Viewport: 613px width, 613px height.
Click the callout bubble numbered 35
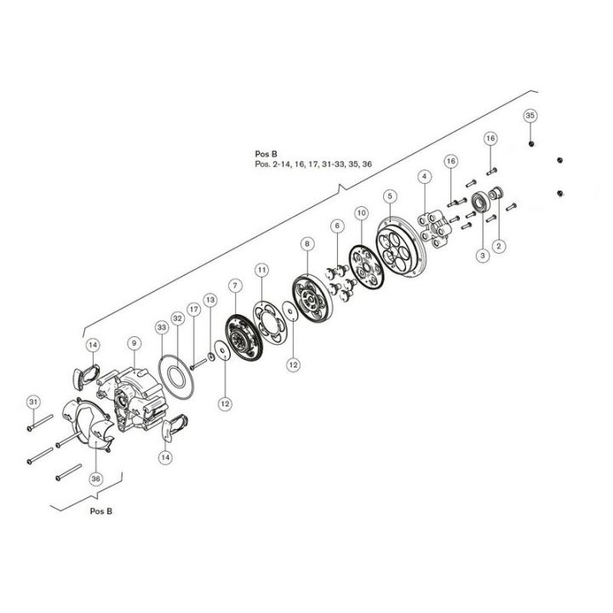pos(530,115)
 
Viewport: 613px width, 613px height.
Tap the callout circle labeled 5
pos(390,196)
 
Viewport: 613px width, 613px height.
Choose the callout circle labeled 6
pos(337,226)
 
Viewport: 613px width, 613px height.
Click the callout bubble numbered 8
pos(305,243)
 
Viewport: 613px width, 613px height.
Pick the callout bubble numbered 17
pos(194,309)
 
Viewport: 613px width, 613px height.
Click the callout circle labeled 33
pos(162,328)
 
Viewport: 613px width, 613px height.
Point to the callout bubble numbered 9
pos(133,343)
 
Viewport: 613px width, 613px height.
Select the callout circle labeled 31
pos(33,401)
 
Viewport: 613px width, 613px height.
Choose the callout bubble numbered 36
pos(95,478)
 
